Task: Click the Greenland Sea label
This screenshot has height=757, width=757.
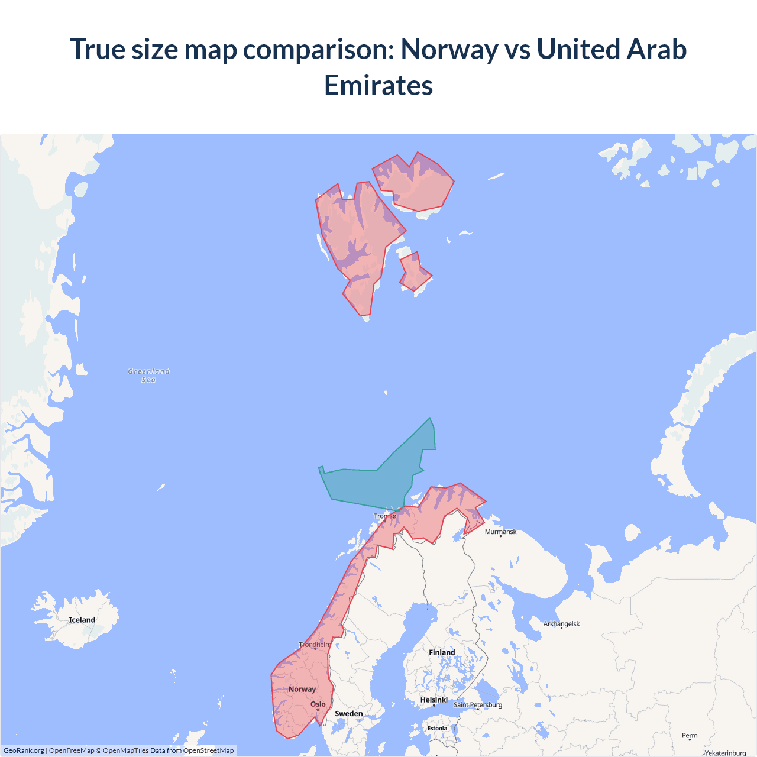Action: click(148, 376)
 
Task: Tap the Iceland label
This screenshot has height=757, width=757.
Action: click(82, 620)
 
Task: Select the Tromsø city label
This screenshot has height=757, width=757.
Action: click(385, 516)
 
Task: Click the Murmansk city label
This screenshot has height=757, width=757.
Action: click(500, 532)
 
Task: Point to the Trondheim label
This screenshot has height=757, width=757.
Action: click(315, 644)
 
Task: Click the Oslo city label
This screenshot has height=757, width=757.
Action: click(318, 704)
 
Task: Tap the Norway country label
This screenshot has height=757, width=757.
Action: click(302, 689)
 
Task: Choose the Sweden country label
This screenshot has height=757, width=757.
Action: click(349, 713)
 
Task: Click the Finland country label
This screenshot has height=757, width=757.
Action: click(442, 652)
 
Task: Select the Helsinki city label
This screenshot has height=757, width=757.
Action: click(434, 700)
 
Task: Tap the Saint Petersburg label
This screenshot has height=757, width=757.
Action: click(478, 704)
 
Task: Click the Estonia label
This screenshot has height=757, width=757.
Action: click(437, 728)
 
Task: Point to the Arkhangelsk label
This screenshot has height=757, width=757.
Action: click(561, 623)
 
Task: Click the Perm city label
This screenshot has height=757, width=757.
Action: click(690, 735)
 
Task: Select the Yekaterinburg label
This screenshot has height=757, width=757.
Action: click(725, 753)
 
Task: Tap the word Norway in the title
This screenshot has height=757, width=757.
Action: click(449, 49)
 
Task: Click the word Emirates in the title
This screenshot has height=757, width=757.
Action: click(378, 86)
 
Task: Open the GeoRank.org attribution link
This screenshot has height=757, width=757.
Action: click(24, 750)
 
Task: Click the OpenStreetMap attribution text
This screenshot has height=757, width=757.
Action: click(208, 750)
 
